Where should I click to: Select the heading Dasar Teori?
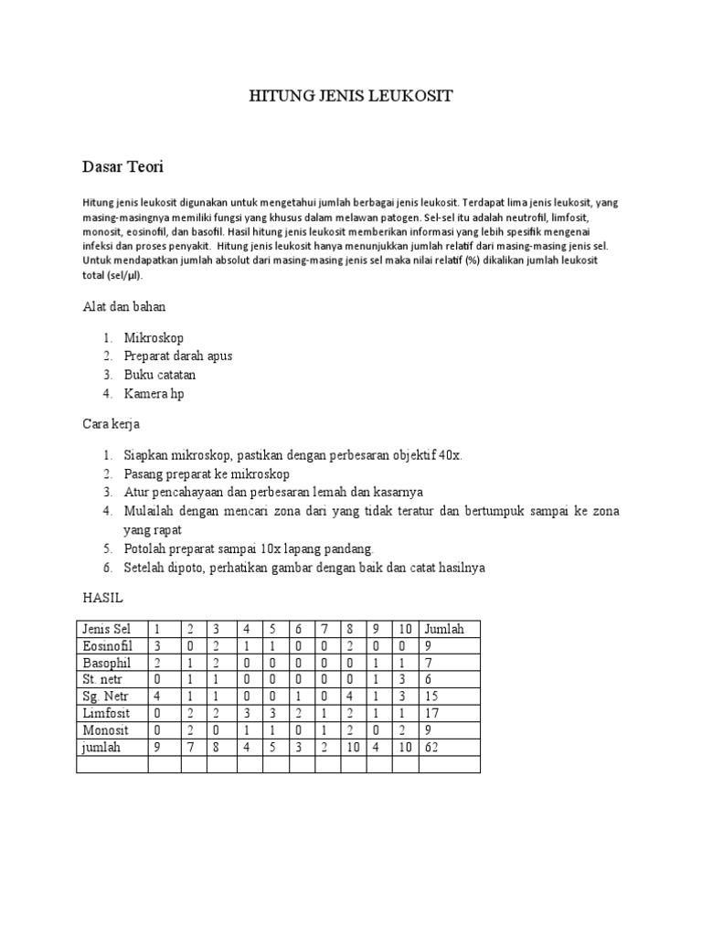tap(122, 167)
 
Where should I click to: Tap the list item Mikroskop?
tap(154, 337)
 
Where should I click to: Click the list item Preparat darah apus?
tap(177, 356)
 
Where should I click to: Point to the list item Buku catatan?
tap(159, 374)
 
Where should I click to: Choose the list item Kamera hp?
tap(154, 393)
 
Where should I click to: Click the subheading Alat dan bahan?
tap(124, 307)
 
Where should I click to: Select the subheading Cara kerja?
tap(111, 424)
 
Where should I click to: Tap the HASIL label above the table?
tap(102, 598)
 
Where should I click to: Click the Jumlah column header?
tap(444, 629)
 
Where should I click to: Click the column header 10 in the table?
tap(405, 629)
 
